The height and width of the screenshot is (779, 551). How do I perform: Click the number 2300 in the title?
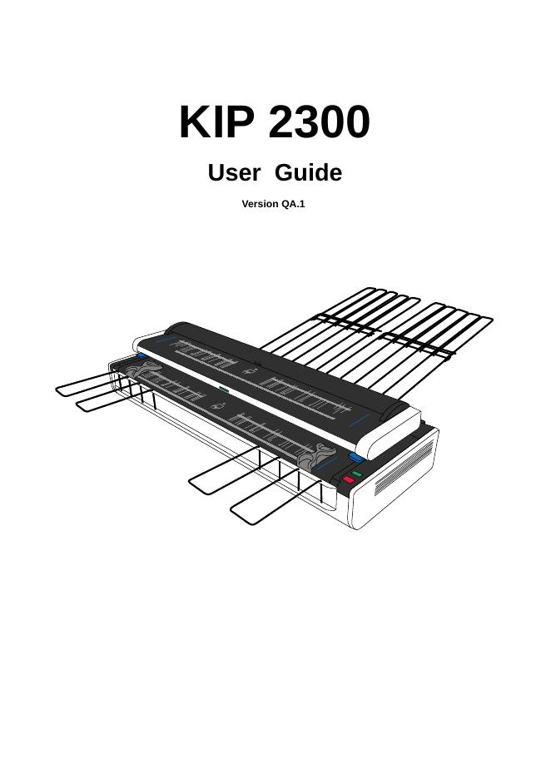[x=320, y=123]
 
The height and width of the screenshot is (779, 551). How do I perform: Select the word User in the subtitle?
[x=234, y=173]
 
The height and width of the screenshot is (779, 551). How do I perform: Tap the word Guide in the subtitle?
[x=308, y=173]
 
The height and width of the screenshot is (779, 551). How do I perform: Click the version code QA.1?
[x=294, y=204]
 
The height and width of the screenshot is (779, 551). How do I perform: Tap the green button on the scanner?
[x=356, y=474]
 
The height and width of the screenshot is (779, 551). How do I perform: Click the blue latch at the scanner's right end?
[x=356, y=458]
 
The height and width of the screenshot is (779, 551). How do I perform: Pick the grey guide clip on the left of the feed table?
[x=136, y=366]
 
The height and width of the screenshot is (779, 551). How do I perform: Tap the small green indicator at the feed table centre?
[x=223, y=389]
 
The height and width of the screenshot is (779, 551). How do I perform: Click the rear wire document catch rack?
[x=391, y=333]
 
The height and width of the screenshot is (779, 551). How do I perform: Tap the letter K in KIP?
[x=193, y=123]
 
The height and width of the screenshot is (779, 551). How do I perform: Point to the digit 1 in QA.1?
[x=302, y=204]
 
